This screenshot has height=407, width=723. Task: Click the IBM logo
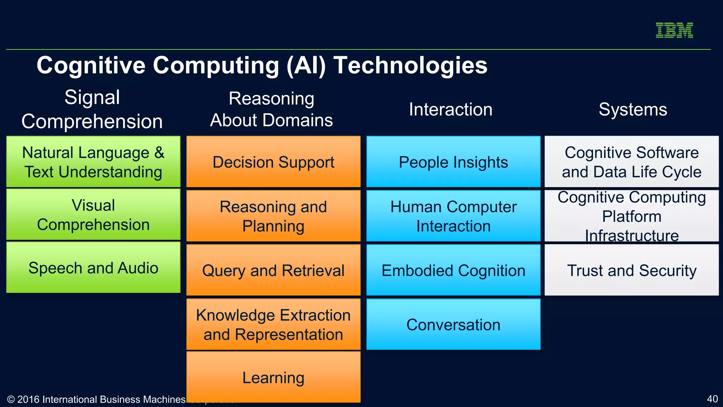point(674,30)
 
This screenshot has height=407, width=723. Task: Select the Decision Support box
point(273,162)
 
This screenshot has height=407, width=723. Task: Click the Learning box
point(273,377)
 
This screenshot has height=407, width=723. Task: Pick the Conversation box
point(453,324)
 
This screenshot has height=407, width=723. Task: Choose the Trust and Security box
point(632,270)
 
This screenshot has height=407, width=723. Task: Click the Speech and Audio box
point(93,267)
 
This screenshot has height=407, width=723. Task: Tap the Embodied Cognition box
point(453,270)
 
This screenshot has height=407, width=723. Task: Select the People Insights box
point(453,162)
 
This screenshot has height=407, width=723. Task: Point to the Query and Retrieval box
point(273,270)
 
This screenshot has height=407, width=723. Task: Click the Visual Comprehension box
point(93,215)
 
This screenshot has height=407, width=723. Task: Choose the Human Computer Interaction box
point(453,216)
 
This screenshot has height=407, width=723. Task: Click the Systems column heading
point(633,109)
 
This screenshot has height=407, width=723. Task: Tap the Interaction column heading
point(450,109)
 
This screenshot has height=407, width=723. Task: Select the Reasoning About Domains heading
point(271,109)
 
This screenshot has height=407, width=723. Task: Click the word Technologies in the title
point(410,65)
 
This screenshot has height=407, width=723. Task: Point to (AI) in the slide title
point(306,65)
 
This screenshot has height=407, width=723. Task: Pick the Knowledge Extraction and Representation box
point(273,324)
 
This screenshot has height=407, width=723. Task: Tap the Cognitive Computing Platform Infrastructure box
point(632,216)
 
